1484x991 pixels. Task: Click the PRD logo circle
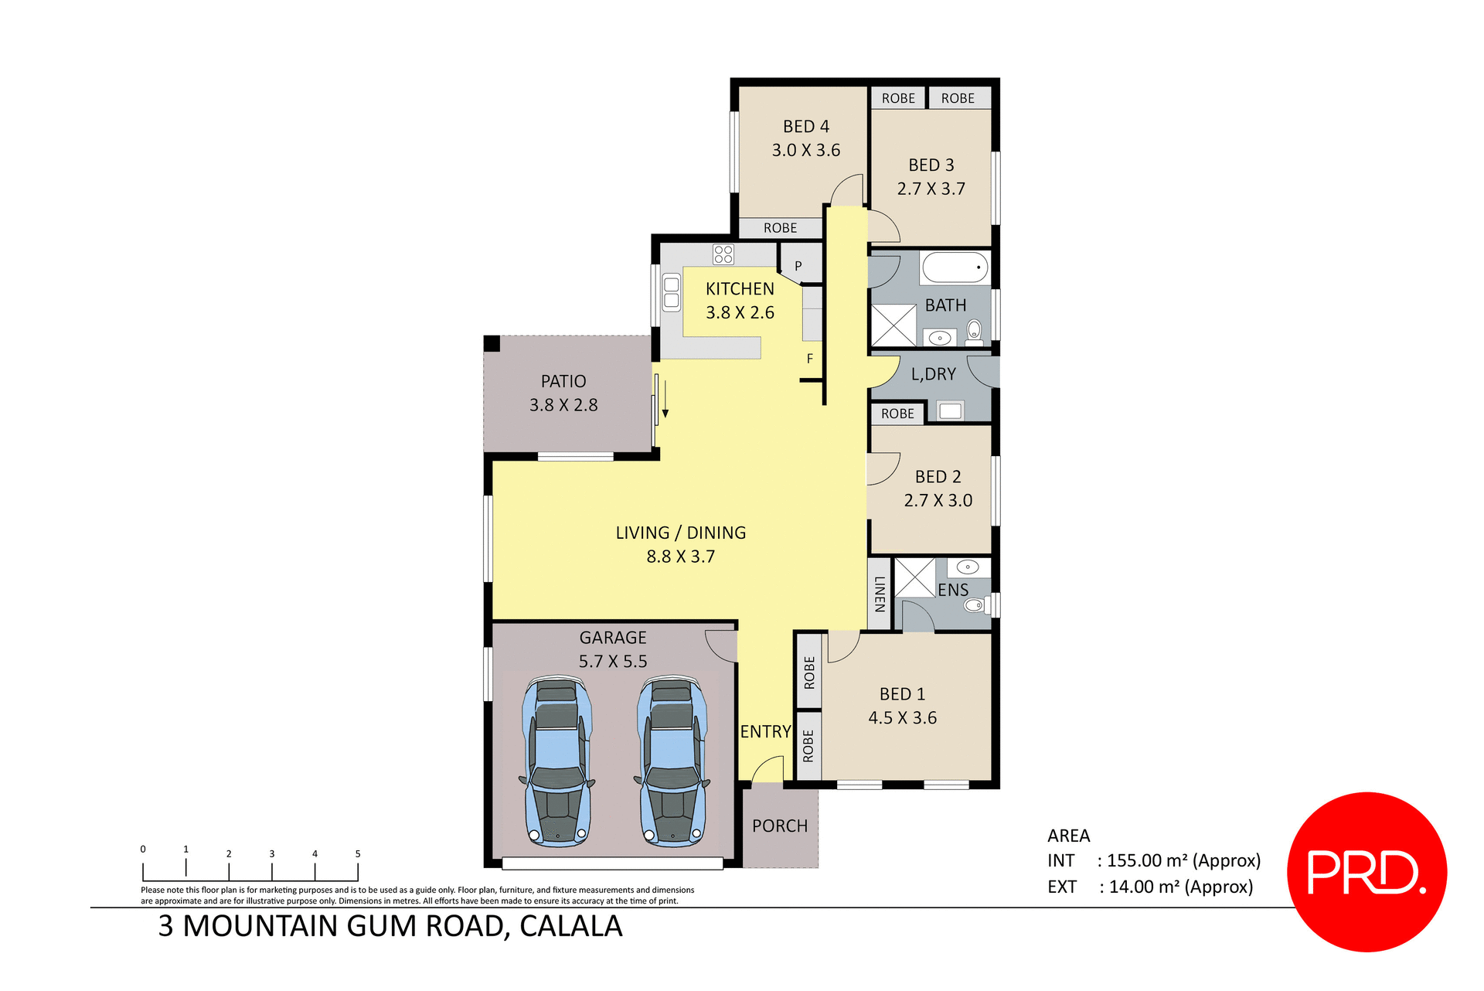(x=1367, y=872)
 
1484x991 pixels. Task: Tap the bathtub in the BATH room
(x=955, y=268)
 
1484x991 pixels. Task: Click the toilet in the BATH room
(x=974, y=332)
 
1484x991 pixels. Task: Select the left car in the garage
(x=557, y=761)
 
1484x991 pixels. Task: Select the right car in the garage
(x=672, y=761)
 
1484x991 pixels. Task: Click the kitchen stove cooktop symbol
(x=723, y=254)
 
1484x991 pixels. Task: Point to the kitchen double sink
(x=671, y=293)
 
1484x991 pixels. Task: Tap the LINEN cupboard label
(x=880, y=594)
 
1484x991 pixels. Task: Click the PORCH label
(x=779, y=826)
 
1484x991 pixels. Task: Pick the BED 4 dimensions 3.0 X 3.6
(x=805, y=151)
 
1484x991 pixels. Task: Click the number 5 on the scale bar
(x=358, y=854)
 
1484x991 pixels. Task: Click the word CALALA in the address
(x=570, y=927)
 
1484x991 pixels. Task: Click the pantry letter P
(x=798, y=266)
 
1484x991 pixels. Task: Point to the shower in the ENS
(x=915, y=577)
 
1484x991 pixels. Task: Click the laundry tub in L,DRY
(x=950, y=411)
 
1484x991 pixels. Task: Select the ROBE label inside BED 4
(x=780, y=229)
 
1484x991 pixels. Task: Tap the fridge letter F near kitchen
(x=809, y=359)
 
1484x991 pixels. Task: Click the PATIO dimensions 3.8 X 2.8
(x=563, y=405)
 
